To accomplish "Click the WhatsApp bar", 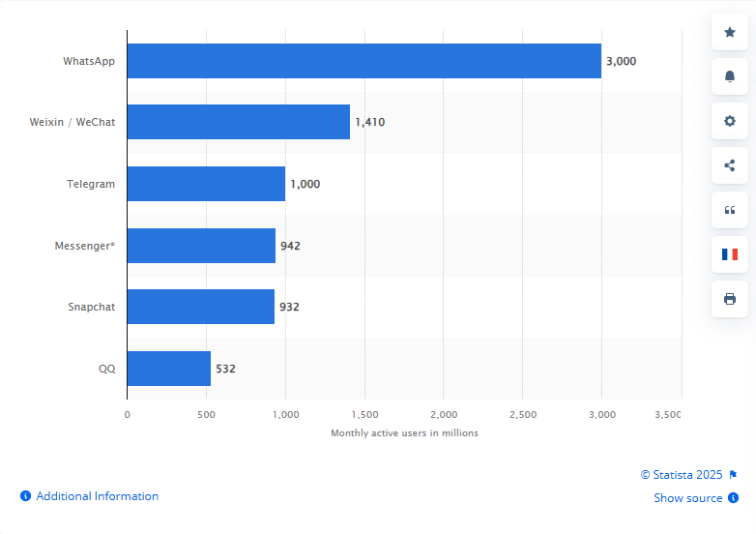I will coord(363,61).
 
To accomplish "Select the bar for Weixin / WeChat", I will coord(238,122).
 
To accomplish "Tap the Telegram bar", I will coord(206,184).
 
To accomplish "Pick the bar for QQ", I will coord(168,369).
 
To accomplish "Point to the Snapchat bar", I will coord(200,307).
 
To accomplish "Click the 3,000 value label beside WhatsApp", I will coord(621,61).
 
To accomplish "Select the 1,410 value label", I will coord(369,122).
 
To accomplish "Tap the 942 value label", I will coord(290,246).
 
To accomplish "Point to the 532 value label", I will coord(225,369).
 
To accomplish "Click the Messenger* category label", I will coord(84,246).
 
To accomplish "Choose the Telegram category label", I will coord(91,184).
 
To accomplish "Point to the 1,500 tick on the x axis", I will coord(364,414).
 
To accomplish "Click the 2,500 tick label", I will coord(522,414).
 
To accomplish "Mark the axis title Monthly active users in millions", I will coord(404,432).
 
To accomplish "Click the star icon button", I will coord(730,33).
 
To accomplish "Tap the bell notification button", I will coord(730,76).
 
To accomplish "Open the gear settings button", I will coord(730,121).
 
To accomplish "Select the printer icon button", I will coord(730,298).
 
